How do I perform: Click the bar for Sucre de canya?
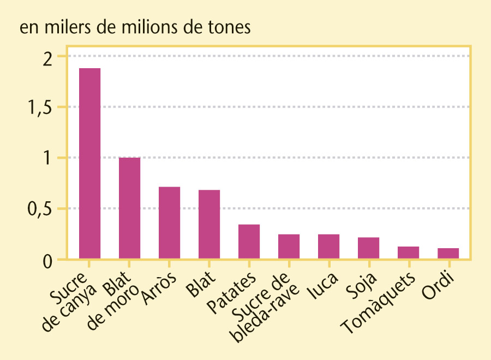tap(89, 164)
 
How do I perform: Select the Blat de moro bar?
tap(129, 208)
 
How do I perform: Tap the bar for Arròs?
tap(169, 223)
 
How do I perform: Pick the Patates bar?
tap(249, 241)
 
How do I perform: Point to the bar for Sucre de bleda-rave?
tap(289, 246)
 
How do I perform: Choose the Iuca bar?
tap(328, 246)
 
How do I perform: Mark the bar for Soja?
tap(368, 248)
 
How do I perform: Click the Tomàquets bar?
tap(408, 252)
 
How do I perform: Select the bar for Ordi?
tap(448, 253)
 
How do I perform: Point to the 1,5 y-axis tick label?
tap(40, 107)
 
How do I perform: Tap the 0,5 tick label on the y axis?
tap(40, 209)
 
